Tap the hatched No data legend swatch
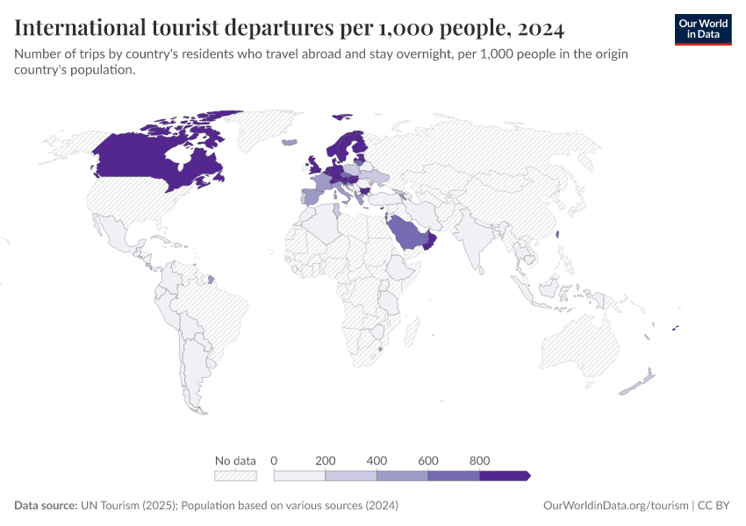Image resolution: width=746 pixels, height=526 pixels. (x=235, y=475)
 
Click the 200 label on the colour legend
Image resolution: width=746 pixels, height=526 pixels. (x=326, y=460)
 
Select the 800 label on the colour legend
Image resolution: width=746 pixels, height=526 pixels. (x=479, y=460)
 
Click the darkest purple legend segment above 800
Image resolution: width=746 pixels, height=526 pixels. (x=504, y=475)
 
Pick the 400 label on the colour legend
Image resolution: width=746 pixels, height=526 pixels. (x=377, y=460)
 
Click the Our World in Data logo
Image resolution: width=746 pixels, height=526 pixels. (x=703, y=29)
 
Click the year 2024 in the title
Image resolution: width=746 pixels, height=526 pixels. (x=541, y=28)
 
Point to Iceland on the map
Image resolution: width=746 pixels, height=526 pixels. (x=289, y=142)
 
